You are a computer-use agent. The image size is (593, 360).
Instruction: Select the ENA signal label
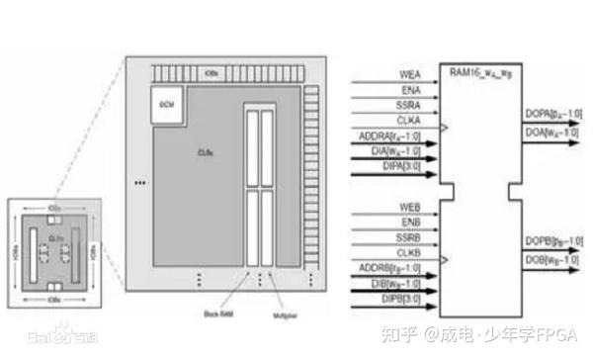(413, 90)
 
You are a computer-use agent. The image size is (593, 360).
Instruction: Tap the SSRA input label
(410, 106)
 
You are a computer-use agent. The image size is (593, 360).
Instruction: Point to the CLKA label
(410, 121)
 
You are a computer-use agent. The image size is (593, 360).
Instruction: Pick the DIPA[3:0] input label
(402, 168)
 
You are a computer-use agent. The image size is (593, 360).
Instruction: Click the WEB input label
(412, 207)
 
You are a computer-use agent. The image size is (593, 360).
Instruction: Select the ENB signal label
(413, 223)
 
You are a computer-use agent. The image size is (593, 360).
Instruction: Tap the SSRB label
(410, 238)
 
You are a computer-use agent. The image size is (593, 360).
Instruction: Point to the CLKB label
(410, 253)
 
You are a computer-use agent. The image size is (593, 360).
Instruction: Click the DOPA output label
(552, 115)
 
